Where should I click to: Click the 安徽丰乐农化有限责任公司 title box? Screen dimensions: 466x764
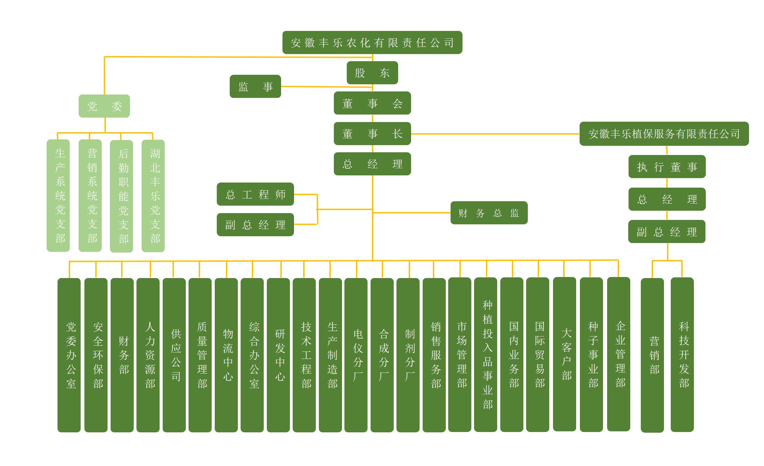[372, 42]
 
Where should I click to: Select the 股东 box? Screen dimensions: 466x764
[372, 73]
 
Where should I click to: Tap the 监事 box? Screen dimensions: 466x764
[255, 86]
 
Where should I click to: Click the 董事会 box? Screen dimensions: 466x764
[372, 103]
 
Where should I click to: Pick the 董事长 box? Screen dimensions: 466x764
[372, 134]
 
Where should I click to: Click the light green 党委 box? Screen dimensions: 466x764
[104, 106]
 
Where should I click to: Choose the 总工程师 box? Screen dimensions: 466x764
[255, 194]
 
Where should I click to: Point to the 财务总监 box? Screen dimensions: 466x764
[489, 213]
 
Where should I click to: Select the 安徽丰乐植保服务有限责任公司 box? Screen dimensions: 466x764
[664, 134]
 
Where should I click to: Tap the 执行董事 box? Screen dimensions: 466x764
[667, 167]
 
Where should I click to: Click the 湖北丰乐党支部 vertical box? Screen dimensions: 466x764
[153, 196]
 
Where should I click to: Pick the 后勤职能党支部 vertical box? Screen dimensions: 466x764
[121, 196]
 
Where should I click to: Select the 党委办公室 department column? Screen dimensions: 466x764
[69, 355]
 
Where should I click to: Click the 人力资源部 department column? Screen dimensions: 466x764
[148, 355]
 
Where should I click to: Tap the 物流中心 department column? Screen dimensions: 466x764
[226, 355]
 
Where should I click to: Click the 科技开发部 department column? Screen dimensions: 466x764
[682, 355]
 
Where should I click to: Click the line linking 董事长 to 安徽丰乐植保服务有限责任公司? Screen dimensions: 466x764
[495, 134]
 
